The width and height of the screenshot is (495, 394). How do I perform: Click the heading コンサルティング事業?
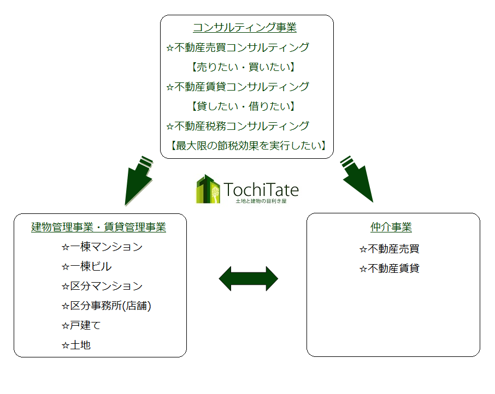click(245, 27)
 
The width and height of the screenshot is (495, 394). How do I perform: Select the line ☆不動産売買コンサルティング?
click(238, 47)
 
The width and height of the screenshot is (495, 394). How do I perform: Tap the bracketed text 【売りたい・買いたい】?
click(243, 67)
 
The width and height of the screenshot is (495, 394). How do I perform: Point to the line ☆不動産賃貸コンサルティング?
click(238, 87)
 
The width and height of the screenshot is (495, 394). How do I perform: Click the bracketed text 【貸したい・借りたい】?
click(243, 106)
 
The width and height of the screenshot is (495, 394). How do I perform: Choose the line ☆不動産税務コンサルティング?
click(238, 126)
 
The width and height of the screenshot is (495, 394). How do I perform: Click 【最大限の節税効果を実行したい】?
click(248, 146)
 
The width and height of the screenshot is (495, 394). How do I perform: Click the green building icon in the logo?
click(208, 189)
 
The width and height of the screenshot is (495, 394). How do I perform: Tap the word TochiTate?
click(261, 189)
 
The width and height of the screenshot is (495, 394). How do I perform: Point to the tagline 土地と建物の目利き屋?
click(261, 201)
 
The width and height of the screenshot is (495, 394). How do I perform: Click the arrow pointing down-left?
click(138, 181)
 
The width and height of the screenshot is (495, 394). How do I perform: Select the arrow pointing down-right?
click(357, 179)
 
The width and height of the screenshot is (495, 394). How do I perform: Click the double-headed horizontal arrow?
click(249, 279)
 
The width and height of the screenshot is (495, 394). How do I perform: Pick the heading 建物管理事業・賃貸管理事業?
click(98, 227)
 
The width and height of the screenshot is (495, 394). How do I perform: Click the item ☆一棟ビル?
click(86, 266)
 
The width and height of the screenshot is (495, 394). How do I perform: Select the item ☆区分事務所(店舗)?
click(107, 306)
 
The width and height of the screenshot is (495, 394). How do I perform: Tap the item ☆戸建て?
click(81, 325)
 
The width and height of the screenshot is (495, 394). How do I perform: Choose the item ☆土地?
click(76, 345)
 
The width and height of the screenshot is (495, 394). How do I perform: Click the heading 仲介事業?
click(391, 227)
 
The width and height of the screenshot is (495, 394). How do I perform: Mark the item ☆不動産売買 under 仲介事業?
click(389, 249)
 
